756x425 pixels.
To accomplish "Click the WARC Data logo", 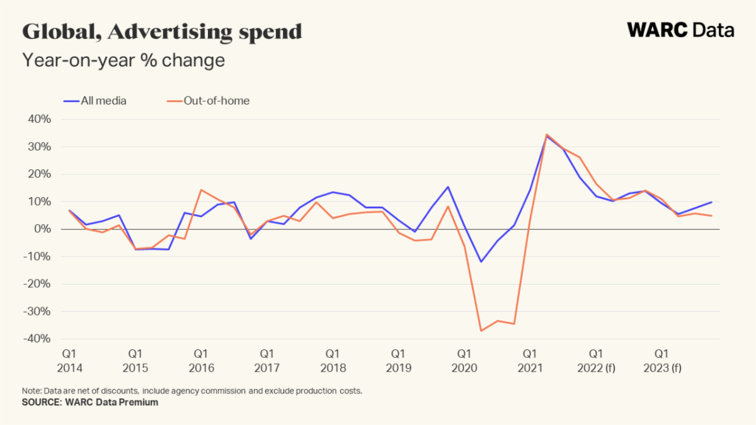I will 680,30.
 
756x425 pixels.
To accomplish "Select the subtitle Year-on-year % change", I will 123,60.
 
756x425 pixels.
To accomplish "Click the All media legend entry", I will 96,101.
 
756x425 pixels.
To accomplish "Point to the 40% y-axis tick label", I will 38,119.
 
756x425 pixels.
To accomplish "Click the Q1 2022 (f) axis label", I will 596,361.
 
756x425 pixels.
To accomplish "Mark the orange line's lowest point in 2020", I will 481,331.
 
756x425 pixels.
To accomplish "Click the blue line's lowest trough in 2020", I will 481,262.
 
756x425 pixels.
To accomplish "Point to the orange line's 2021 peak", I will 547,134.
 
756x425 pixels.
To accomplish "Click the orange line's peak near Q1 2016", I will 200,190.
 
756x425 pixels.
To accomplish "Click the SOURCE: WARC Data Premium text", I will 90,402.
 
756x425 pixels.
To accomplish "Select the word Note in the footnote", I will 31,390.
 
